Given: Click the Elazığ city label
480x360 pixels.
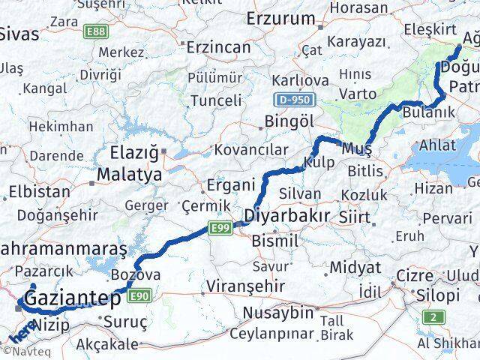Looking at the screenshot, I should coord(134,154).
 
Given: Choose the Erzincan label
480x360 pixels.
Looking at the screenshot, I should coord(218,46).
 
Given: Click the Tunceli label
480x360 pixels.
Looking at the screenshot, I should coord(216,100).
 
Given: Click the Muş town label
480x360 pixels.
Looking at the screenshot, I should coord(352,148).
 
